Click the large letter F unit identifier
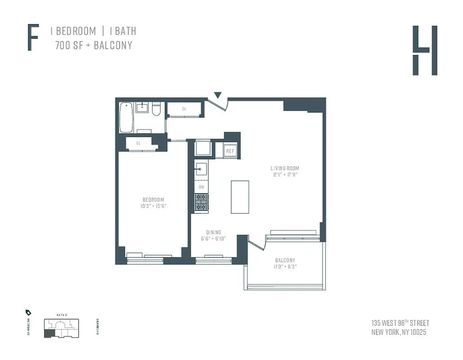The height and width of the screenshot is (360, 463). pos(32,38)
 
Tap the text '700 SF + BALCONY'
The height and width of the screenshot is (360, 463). pos(94,45)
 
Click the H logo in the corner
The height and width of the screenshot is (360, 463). pos(425,50)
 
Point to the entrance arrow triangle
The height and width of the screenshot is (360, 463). pos(218,95)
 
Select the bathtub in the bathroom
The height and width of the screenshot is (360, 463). pos(126,117)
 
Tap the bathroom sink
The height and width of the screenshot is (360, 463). pos(143,107)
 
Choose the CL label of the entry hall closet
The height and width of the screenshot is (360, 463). pos(184,109)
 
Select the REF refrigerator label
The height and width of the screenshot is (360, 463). pos(230,151)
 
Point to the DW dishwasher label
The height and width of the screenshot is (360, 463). pos(201,187)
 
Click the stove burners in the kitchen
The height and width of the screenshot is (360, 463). pos(201,202)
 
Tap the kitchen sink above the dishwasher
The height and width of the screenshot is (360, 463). pos(201,169)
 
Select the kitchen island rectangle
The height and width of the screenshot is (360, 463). pos(240,197)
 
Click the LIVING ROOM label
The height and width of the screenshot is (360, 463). pos(285,168)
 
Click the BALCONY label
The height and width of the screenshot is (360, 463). pos(285,261)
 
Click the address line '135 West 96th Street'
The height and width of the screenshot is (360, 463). pos(400,323)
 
